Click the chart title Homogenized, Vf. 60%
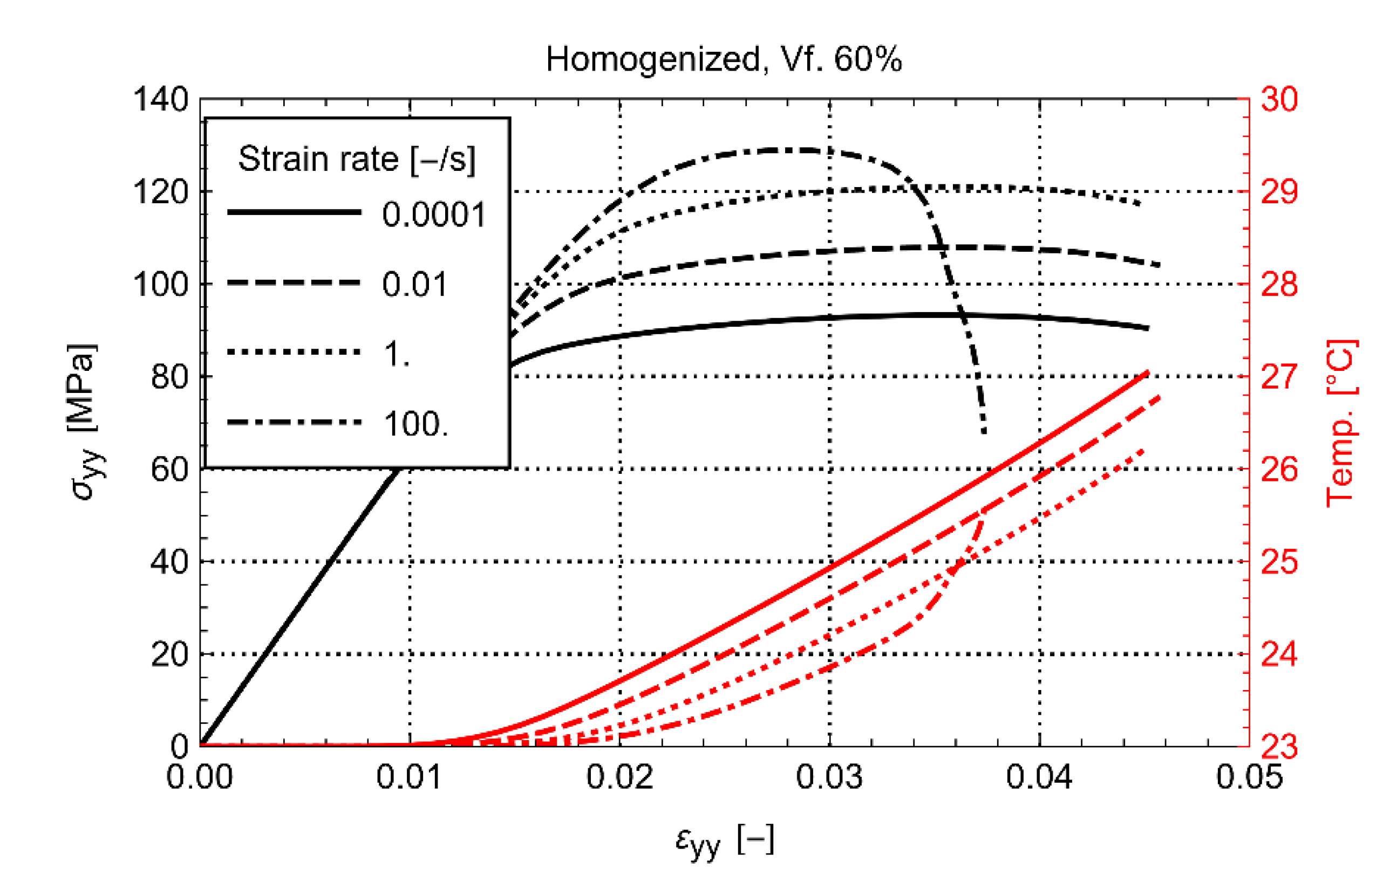click(724, 59)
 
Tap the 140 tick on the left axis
click(161, 99)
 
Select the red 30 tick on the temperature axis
click(1280, 99)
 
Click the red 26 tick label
click(1280, 469)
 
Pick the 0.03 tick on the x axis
click(829, 777)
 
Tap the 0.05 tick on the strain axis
click(1249, 777)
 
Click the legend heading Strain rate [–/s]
click(357, 159)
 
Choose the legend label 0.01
click(414, 285)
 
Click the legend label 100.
click(415, 424)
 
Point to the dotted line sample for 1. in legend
click(294, 353)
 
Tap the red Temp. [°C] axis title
click(1343, 423)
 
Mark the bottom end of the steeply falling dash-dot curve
click(984, 432)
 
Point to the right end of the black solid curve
click(1148, 329)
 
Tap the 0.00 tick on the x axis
click(200, 777)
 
